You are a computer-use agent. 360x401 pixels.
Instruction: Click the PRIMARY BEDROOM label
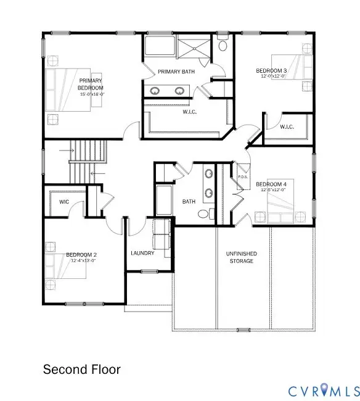89,83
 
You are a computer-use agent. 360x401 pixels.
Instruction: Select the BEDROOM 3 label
272,71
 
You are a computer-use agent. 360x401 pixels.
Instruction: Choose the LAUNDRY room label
142,254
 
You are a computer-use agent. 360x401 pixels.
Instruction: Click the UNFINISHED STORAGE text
242,257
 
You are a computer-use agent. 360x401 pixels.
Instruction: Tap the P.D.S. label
243,178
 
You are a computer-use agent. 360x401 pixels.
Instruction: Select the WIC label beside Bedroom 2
64,202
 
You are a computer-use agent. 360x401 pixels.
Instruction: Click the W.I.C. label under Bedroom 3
287,127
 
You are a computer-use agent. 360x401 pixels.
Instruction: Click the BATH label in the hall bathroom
189,202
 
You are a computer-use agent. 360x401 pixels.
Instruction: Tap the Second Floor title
81,370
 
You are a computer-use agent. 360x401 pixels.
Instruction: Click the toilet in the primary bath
223,45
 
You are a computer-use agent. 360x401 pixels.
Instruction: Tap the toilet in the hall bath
204,213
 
